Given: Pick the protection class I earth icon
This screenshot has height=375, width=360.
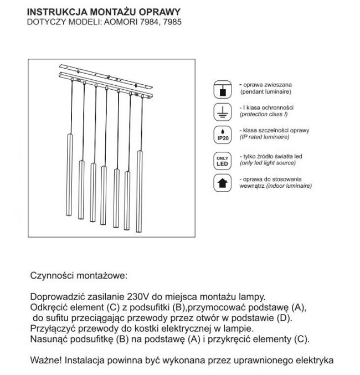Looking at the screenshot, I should (x=221, y=112).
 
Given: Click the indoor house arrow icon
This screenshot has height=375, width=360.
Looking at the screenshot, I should (x=221, y=183).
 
